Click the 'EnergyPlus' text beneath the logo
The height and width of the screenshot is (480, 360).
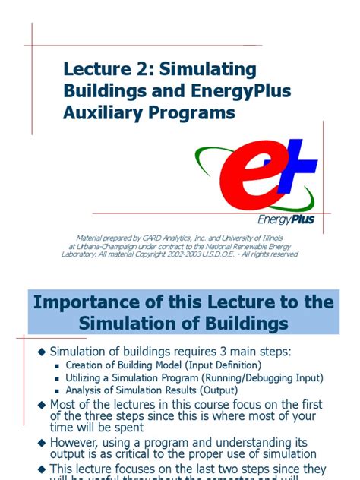coord(286,220)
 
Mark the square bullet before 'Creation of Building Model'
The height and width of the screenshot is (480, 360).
coord(58,366)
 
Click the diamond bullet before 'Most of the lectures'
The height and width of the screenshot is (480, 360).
coord(42,404)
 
